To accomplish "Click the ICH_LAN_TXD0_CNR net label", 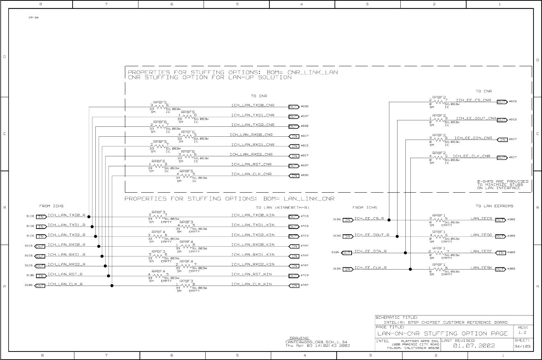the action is [253, 105].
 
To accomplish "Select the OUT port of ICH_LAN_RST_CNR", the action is [294, 166].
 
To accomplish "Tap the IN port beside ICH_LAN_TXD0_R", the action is [41, 217].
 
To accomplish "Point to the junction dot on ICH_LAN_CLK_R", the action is [112, 286].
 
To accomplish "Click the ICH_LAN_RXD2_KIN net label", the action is [253, 265].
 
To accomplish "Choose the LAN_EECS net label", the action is [481, 219].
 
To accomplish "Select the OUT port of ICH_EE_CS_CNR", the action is [502, 102].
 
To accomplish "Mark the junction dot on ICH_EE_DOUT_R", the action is [397, 236].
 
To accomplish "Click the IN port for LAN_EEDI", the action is [501, 253].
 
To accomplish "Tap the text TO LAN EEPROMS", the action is [494, 206].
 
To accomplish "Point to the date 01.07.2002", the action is [474, 345].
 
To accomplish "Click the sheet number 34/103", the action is [522, 346].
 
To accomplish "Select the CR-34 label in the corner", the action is [33, 17].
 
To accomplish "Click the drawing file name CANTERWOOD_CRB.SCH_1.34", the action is [316, 342].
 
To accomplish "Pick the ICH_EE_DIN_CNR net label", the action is [473, 138].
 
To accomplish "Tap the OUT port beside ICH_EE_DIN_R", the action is [347, 253].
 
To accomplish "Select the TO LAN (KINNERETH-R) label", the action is [283, 208].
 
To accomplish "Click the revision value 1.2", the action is [522, 333].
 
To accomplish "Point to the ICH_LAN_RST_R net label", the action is [65, 274].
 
